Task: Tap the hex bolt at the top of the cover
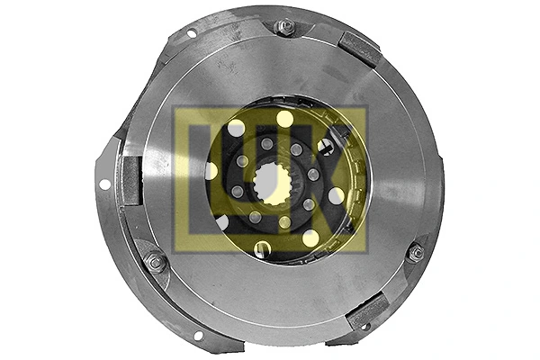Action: [285, 27]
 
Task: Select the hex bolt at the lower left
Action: [155, 262]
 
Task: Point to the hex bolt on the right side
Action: [416, 253]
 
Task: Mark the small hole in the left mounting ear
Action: [105, 184]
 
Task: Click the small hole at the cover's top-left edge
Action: [191, 33]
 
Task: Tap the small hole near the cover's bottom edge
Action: [198, 335]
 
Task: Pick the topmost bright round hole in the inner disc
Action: [284, 118]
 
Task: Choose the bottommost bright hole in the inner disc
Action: [263, 248]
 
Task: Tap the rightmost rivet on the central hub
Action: [314, 175]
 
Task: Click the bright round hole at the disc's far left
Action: [211, 170]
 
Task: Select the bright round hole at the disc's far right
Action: [336, 195]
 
